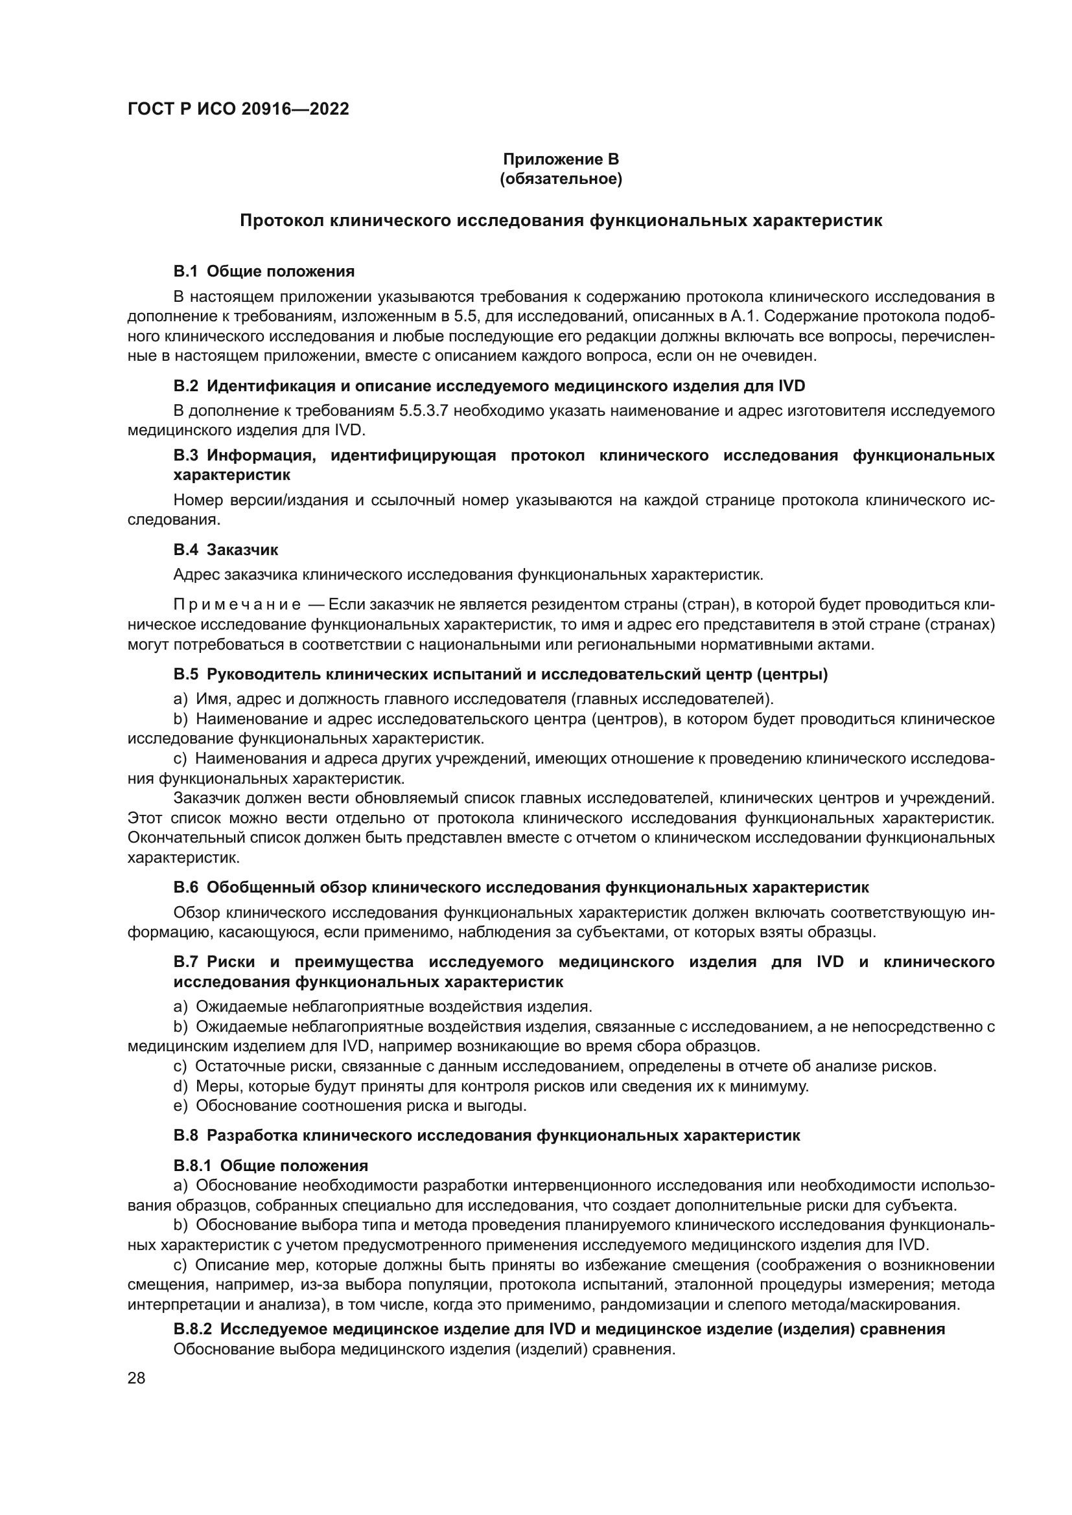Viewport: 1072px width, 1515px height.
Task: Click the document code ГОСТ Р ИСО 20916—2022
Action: click(239, 109)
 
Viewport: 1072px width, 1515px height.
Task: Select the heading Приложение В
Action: click(561, 159)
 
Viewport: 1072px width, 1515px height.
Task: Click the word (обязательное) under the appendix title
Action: click(561, 179)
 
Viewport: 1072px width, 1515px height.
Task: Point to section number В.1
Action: click(185, 271)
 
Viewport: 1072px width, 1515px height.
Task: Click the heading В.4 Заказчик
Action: click(226, 550)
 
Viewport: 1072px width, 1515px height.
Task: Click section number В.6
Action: click(185, 887)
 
